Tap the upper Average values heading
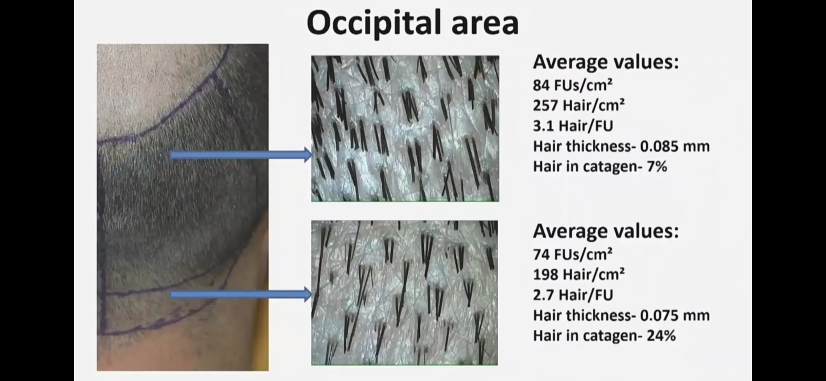click(606, 62)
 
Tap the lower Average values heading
click(606, 231)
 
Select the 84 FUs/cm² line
click(573, 85)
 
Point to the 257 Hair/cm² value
click(579, 105)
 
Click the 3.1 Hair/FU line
click(573, 126)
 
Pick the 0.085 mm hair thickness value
click(675, 146)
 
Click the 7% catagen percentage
click(657, 167)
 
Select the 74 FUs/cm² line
click(573, 254)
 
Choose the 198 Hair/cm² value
click(579, 274)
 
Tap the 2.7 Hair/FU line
click(573, 295)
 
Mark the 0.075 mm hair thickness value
click(675, 315)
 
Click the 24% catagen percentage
click(661, 335)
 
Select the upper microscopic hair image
click(405, 129)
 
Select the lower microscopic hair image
click(405, 293)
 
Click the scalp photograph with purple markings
click(183, 207)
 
